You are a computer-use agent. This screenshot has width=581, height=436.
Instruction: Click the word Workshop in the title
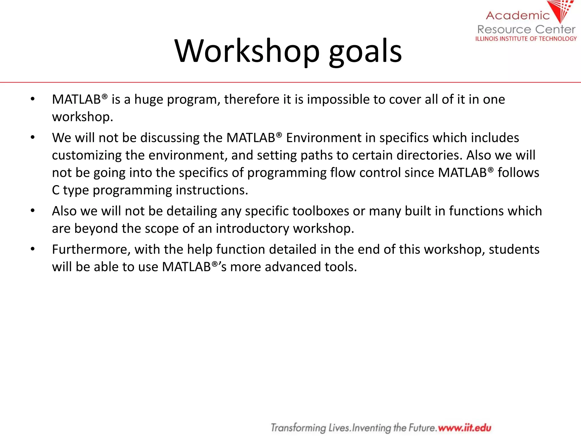(247, 51)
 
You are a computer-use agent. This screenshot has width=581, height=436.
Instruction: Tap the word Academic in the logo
(518, 15)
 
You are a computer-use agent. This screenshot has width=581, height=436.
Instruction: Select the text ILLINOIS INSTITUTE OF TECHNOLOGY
(526, 39)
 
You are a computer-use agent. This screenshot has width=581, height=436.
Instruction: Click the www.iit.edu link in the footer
(464, 427)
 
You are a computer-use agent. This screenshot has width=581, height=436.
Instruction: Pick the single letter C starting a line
(56, 190)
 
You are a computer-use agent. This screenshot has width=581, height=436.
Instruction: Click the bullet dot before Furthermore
(33, 249)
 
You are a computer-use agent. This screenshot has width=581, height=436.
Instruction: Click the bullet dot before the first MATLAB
(33, 99)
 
